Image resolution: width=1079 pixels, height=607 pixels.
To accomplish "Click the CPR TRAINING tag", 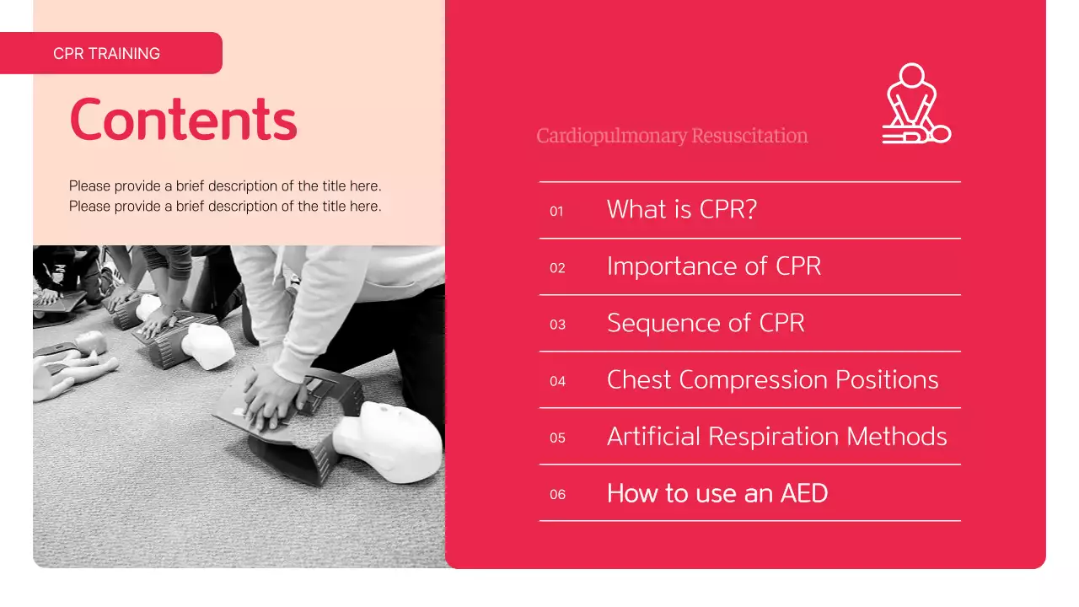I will pos(107,53).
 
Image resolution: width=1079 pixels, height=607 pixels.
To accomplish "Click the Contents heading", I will pos(183,119).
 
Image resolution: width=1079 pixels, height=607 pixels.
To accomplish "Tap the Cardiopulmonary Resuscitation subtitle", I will pos(672,136).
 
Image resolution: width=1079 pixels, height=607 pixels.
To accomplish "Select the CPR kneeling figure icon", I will pos(915,104).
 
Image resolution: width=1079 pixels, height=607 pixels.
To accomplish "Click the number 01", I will pos(556,212).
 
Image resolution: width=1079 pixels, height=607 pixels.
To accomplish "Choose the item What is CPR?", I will pos(681,209).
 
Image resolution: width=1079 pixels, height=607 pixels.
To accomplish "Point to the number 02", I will pos(557,268).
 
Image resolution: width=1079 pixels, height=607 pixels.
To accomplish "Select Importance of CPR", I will pos(713,266).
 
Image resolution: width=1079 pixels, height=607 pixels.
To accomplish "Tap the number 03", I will pos(557,325).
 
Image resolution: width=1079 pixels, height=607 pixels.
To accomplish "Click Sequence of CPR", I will pos(706,323).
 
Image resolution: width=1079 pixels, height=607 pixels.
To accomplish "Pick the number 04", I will pos(557,381).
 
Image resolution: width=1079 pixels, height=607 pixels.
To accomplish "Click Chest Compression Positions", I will pos(772,379).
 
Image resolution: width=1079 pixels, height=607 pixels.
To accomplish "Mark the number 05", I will pos(557,438).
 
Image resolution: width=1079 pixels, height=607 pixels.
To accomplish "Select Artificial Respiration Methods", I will pos(776,436).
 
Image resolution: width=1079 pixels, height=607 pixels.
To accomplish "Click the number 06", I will pos(557,494).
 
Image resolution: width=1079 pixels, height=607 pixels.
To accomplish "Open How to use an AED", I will pos(717,493).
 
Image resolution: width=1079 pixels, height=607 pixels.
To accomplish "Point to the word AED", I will pos(804,493).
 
